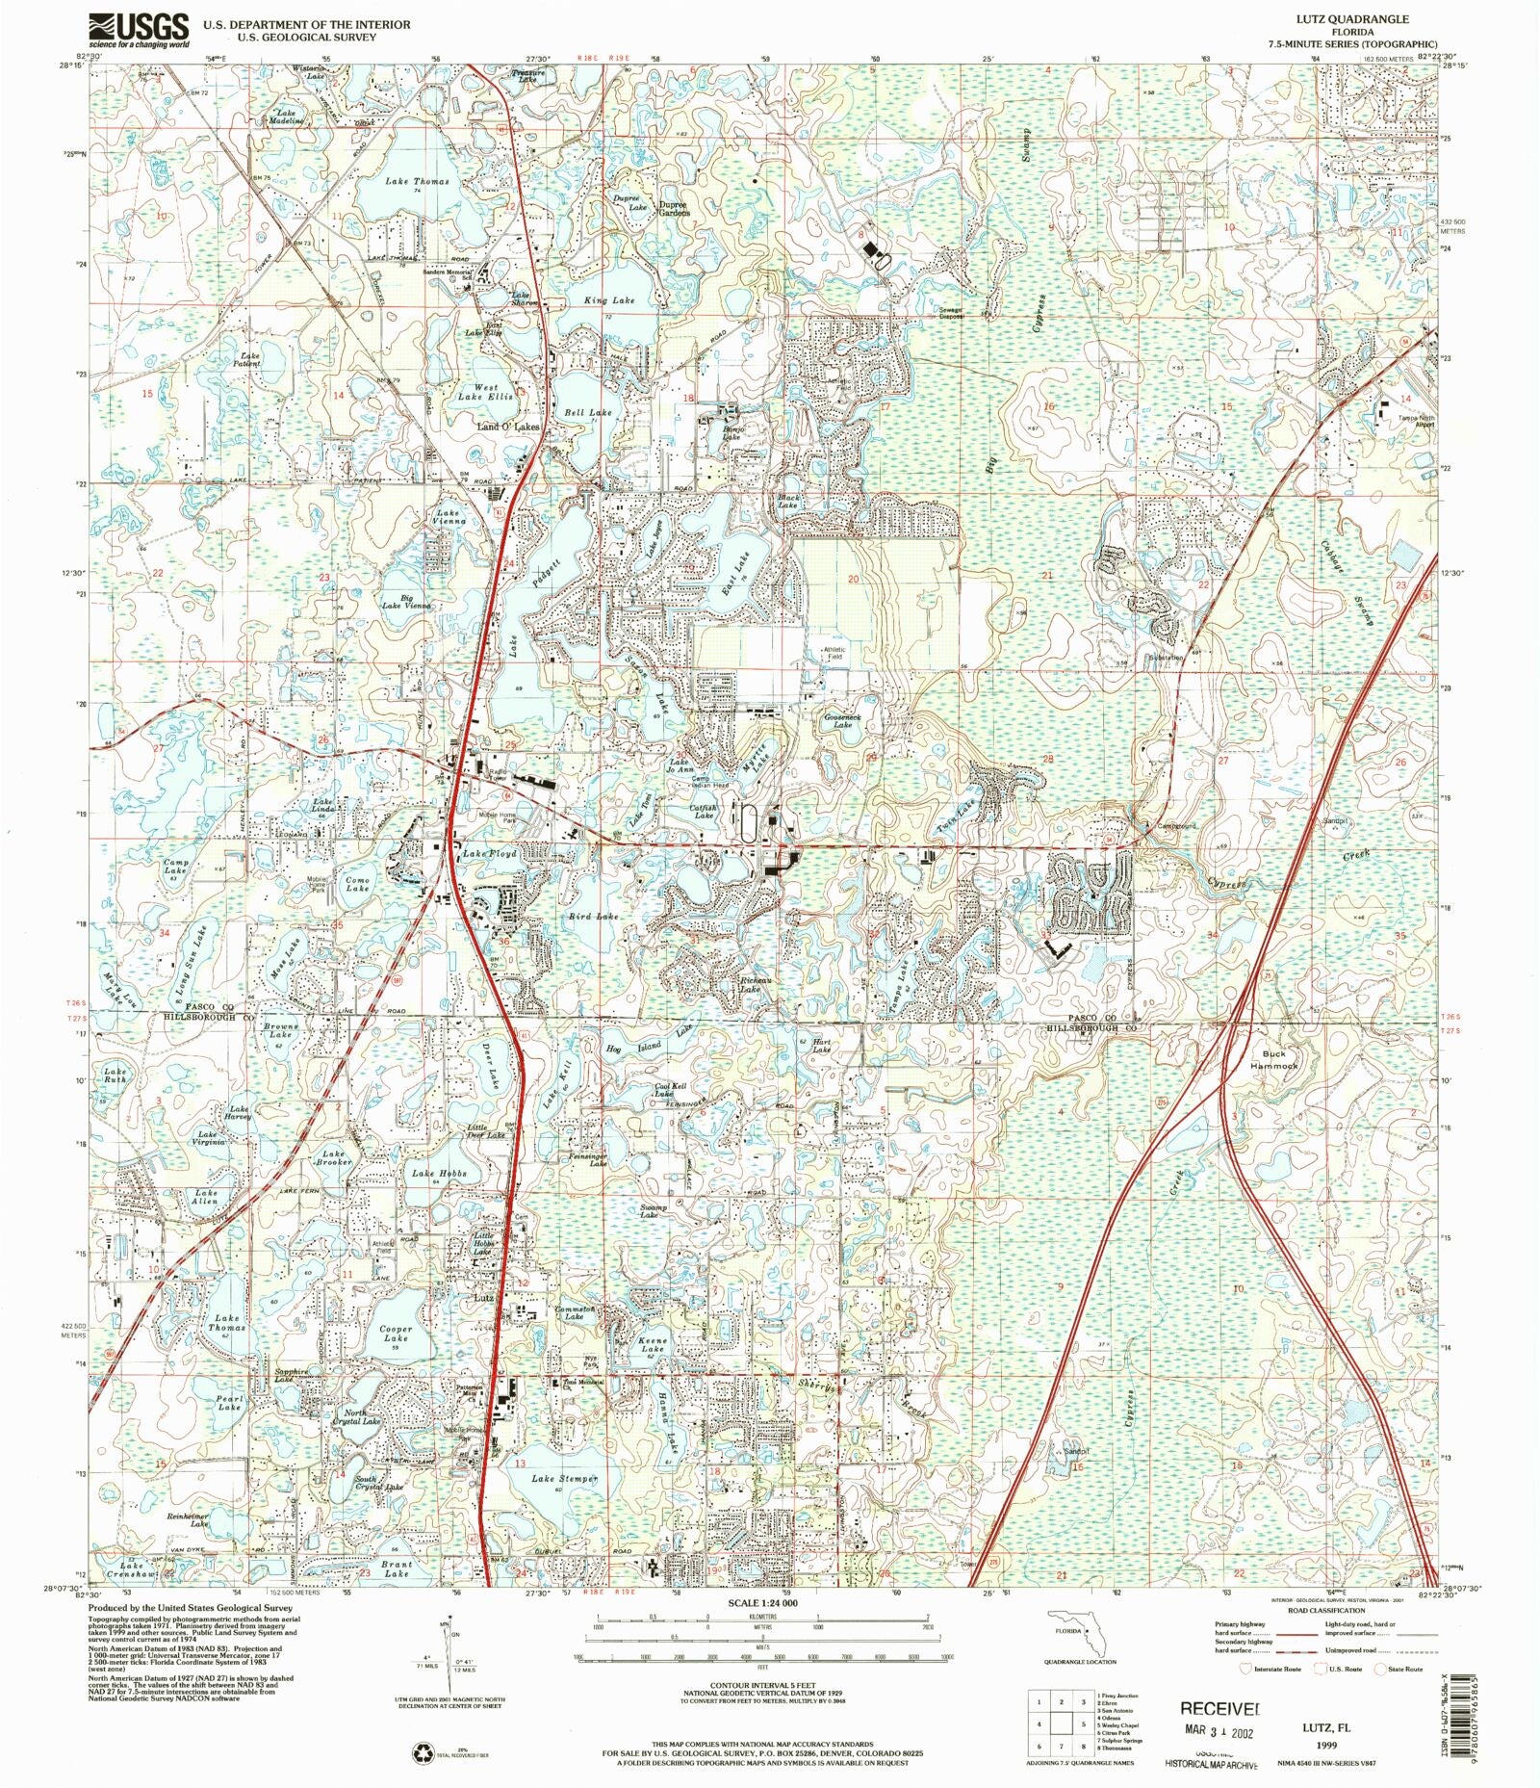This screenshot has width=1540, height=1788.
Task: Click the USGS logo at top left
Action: (139, 30)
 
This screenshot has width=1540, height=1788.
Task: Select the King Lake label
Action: (609, 301)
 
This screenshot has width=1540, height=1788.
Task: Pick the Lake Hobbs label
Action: (439, 1174)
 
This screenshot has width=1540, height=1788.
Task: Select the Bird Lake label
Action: (593, 917)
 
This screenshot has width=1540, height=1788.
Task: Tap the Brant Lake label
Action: (397, 1569)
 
